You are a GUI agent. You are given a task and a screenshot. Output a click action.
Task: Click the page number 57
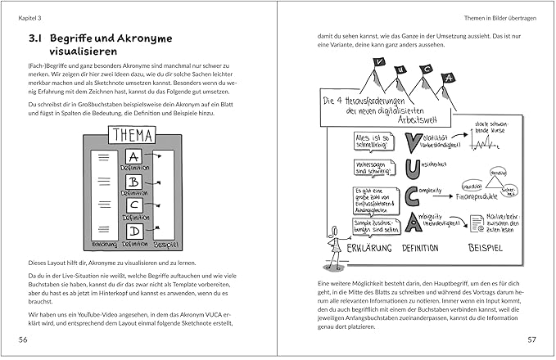531,339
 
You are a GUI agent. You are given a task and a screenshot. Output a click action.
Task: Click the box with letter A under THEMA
134,157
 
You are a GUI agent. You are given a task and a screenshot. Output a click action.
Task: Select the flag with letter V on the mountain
380,65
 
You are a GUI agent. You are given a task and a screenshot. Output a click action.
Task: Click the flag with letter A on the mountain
450,79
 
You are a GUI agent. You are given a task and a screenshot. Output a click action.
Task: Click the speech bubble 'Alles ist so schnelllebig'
373,142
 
